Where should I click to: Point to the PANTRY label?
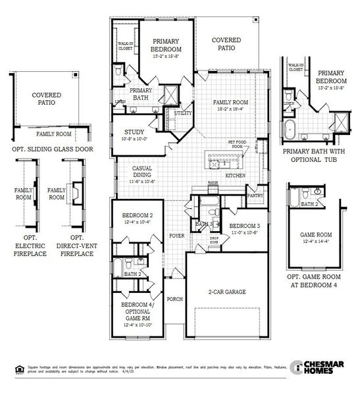coord(255,196)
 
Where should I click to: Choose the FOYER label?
coord(176,235)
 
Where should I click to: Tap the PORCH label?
coord(174,299)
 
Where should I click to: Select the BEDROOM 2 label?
coord(137,216)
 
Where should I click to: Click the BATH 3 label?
coord(204,224)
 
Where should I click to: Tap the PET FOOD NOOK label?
coord(236,144)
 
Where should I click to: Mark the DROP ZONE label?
coord(214,240)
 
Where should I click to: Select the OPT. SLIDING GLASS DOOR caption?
coord(47,149)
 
